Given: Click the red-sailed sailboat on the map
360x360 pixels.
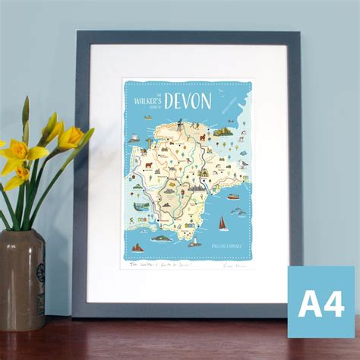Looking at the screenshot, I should coord(223,223).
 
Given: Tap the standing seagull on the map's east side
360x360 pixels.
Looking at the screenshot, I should coord(242,163).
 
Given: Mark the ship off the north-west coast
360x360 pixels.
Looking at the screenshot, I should coord(134,138).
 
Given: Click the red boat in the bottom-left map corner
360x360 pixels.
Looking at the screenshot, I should coord(137,247).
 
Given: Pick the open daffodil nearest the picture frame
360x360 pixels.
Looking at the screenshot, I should coord(71,137).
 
